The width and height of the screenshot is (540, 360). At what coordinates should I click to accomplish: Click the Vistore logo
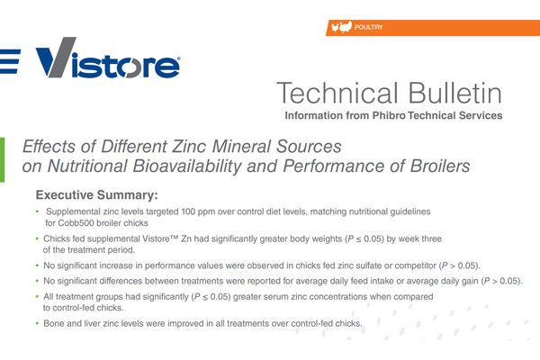[x=107, y=58]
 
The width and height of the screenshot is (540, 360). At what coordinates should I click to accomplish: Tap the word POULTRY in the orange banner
[x=368, y=27]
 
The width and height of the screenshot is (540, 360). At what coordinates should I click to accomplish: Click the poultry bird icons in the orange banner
[x=341, y=27]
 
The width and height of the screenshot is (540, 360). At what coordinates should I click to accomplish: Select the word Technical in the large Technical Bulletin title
[x=337, y=93]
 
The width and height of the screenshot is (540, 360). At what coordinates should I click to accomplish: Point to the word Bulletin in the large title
[x=454, y=93]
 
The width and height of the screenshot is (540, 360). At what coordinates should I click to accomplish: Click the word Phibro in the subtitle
[x=389, y=115]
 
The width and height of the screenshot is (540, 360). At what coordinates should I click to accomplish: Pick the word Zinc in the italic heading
[x=190, y=147]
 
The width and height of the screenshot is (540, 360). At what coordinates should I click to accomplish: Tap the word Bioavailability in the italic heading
[x=187, y=166]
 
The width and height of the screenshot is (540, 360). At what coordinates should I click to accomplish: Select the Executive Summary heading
[x=97, y=195]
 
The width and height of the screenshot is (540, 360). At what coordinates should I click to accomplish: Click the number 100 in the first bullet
[x=188, y=211]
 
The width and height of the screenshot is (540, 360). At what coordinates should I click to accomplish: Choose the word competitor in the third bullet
[x=415, y=266]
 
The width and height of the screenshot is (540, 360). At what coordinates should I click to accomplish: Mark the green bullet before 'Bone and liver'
[x=37, y=323]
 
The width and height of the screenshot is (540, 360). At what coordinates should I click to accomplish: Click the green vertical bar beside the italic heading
[x=2, y=159]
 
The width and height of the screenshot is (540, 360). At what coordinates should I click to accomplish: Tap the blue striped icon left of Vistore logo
[x=10, y=61]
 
